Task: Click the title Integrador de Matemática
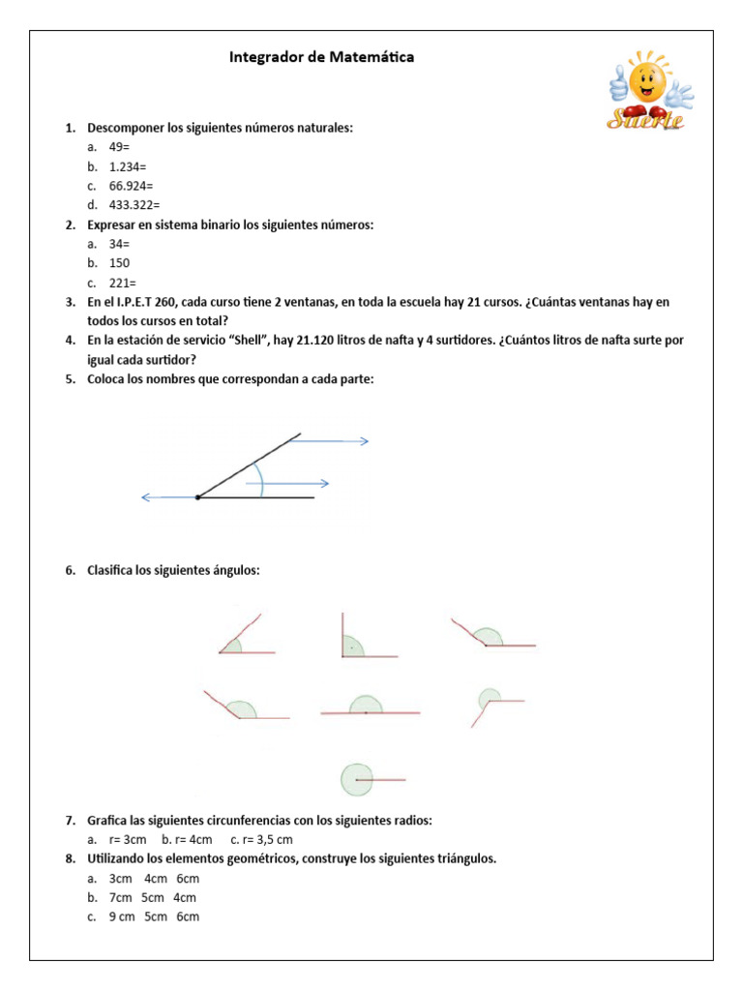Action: [321, 57]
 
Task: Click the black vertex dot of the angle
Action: [197, 497]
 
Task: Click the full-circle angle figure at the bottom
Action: [369, 779]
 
